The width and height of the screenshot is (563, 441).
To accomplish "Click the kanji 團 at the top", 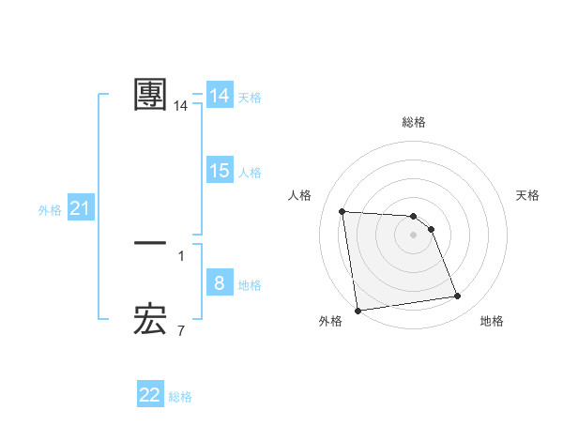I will (150, 95).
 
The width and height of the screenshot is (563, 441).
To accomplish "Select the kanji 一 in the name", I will (150, 243).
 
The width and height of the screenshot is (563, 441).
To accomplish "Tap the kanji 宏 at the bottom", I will (150, 321).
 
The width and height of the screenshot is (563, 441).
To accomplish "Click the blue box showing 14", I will (219, 96).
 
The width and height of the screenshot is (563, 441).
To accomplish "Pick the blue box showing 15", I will (219, 171).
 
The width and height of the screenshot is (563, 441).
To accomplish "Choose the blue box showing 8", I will (219, 283).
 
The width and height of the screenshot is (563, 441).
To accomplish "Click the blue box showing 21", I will (80, 209).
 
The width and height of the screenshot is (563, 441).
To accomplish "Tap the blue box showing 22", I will (150, 395).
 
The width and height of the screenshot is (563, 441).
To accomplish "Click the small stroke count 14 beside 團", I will (181, 107).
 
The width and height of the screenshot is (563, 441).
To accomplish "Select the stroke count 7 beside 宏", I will (181, 330).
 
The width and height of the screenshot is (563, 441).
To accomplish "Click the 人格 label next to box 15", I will (250, 173).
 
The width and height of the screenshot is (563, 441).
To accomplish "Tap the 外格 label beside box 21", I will (50, 210).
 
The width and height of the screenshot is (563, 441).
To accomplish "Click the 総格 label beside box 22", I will (180, 397).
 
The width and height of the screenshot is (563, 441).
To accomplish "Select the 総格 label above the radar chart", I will (414, 122).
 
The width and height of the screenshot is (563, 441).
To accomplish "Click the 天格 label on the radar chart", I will (527, 195).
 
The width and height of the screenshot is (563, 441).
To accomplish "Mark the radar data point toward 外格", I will (358, 311).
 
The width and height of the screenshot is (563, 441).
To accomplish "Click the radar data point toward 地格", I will (458, 297).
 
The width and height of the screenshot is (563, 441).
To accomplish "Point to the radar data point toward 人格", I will (342, 211).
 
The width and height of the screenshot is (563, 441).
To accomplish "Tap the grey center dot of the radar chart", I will (414, 235).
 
